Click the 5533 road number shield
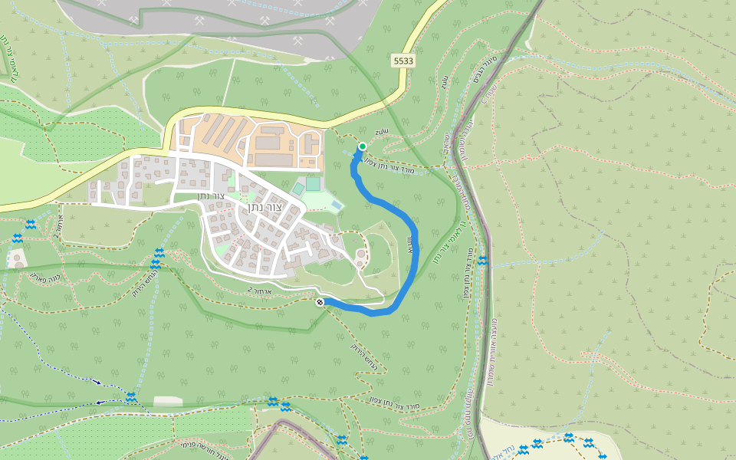(402, 60)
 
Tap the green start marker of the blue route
(362, 146)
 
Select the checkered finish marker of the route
(320, 302)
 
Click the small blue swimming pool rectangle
(337, 205)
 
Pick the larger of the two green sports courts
(313, 183)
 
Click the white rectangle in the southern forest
(168, 401)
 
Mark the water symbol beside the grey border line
(482, 261)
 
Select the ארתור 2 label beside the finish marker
(261, 291)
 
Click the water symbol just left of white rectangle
(131, 397)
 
